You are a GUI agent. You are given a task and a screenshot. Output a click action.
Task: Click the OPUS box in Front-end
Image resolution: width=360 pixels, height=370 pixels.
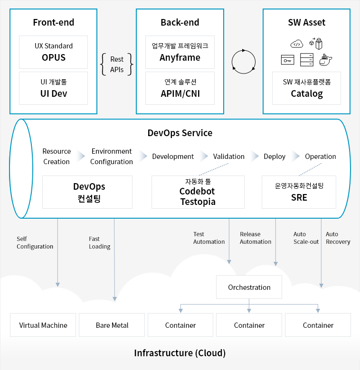(53, 52)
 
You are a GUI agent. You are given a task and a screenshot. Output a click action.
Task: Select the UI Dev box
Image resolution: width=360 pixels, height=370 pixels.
(53, 88)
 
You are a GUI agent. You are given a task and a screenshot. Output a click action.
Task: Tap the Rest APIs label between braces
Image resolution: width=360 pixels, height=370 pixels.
(117, 65)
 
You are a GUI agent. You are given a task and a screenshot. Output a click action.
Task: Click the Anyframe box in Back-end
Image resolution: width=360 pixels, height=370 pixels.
(180, 52)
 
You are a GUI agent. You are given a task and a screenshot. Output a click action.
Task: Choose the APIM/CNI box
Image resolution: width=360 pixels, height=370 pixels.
(180, 88)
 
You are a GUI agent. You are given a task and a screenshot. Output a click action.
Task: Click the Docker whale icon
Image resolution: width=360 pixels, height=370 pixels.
(325, 60)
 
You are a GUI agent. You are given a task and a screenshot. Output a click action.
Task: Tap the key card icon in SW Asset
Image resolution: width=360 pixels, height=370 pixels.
(287, 60)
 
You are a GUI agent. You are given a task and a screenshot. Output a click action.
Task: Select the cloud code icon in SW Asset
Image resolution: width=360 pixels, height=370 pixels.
(297, 44)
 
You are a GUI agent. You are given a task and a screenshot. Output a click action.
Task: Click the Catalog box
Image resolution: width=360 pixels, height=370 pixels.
(306, 88)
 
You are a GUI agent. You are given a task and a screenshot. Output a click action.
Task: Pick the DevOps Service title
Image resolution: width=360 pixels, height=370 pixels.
(180, 133)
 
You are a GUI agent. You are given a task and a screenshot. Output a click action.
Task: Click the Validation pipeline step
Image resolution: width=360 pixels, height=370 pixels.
(228, 157)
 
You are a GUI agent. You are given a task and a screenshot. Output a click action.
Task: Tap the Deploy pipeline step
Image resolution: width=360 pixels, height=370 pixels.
(275, 157)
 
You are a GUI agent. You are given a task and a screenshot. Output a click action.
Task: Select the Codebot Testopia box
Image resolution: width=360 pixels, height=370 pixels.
(198, 192)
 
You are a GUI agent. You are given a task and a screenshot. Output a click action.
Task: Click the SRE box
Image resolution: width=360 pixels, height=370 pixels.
(299, 192)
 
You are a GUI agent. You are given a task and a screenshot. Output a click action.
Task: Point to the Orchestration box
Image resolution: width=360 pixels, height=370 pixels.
(249, 287)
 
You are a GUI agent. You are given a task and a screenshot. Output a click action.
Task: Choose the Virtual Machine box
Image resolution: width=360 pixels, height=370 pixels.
(43, 325)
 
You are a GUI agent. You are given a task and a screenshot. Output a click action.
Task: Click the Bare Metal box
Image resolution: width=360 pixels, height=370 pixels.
(112, 325)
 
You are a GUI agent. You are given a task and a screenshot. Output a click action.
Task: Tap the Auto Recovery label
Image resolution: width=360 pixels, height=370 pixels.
(338, 238)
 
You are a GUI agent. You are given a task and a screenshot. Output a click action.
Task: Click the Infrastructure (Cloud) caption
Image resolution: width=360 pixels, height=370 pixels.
(180, 353)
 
